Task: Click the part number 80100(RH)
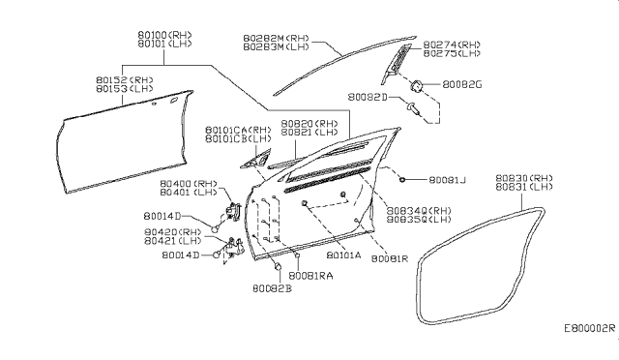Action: point(163,34)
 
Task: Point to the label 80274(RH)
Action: point(452,44)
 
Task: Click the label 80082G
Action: point(461,86)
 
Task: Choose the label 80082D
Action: point(369,98)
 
